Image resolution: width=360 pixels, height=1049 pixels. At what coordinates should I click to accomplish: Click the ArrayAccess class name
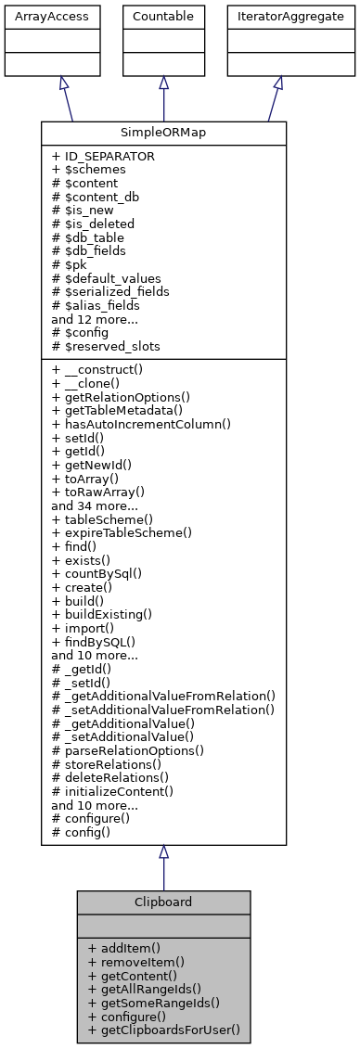coord(40,17)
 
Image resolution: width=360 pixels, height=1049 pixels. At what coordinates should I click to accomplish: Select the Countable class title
coord(163,17)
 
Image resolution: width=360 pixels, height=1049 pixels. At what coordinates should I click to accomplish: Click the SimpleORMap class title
coord(163,132)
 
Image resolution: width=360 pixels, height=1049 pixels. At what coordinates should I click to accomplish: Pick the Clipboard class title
coord(163,902)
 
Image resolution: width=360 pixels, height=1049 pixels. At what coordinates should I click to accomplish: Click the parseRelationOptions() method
coord(128,749)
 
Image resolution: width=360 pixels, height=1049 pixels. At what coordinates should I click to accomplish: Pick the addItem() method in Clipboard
coord(124,948)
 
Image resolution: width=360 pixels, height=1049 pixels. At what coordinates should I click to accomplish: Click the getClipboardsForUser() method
coord(163,1029)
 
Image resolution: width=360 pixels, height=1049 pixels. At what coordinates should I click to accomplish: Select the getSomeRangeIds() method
coord(153,1002)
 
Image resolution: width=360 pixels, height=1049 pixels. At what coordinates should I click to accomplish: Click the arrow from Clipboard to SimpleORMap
coord(163,867)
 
